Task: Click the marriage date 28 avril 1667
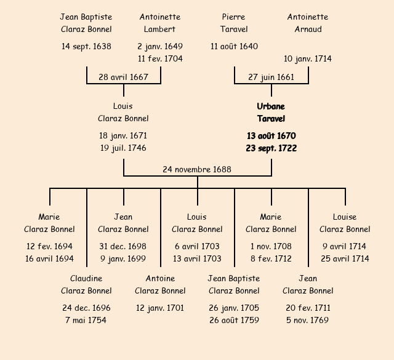point(123,77)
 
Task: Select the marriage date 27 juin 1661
point(271,77)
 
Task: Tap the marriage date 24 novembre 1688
point(197,169)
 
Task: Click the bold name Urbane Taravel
point(271,113)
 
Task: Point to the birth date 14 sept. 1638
point(86,46)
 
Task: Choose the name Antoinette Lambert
point(160,23)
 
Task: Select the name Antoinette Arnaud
point(308,23)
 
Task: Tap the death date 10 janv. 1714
point(308,58)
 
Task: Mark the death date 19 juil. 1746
point(123,148)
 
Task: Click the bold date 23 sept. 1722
point(271,148)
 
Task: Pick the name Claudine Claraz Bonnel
point(86,284)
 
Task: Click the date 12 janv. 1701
point(160,308)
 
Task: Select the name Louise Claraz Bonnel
point(345,223)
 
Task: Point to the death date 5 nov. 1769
point(308,320)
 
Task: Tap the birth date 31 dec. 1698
point(123,246)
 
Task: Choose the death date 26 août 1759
point(234,320)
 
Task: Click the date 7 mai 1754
point(86,320)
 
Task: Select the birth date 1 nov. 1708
point(271,246)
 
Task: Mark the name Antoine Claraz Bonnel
point(160,284)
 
